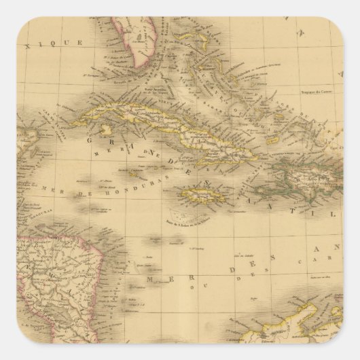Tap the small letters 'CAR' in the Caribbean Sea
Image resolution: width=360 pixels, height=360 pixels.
319,261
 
